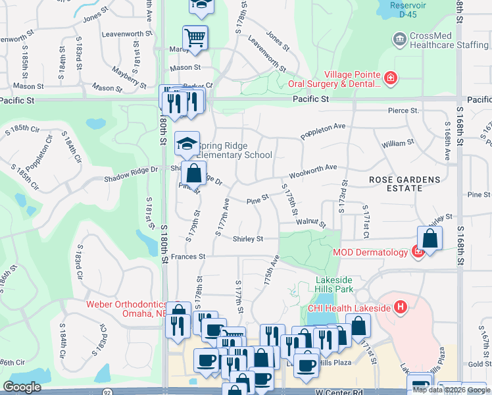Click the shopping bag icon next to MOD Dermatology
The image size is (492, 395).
click(429, 239)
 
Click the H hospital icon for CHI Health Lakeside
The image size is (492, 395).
click(399, 307)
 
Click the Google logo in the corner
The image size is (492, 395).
click(22, 387)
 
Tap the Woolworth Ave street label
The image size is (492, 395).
click(312, 172)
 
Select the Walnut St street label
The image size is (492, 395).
click(310, 224)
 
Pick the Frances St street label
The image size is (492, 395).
click(188, 256)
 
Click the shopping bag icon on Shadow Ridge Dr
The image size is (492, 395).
click(194, 174)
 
